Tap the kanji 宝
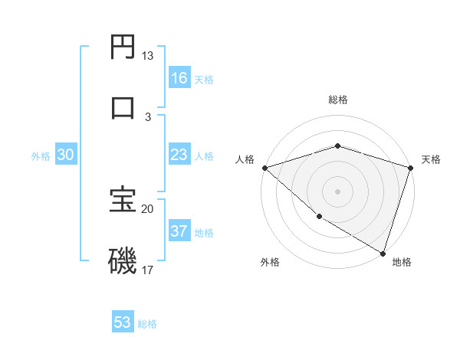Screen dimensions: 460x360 tap(123, 200)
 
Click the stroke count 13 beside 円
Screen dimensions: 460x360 tap(147, 56)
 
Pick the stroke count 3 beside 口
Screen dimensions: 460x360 tap(148, 116)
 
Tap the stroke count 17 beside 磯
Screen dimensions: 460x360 tap(147, 270)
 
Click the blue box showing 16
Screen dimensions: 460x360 tap(179, 78)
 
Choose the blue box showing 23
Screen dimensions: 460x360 tap(179, 155)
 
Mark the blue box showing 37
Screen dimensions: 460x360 tap(179, 231)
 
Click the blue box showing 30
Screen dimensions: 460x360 tap(65, 155)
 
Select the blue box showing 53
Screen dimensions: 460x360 tap(122, 322)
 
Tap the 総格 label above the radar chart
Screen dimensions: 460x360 tap(338, 100)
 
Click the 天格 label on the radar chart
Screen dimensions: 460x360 tap(431, 159)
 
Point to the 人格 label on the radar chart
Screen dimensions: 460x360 tap(245, 159)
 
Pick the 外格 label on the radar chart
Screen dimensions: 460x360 tap(269, 263)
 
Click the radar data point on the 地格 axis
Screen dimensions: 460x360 tap(383, 253)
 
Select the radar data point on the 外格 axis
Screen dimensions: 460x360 tap(319, 217)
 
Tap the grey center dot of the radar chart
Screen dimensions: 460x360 tap(338, 191)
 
